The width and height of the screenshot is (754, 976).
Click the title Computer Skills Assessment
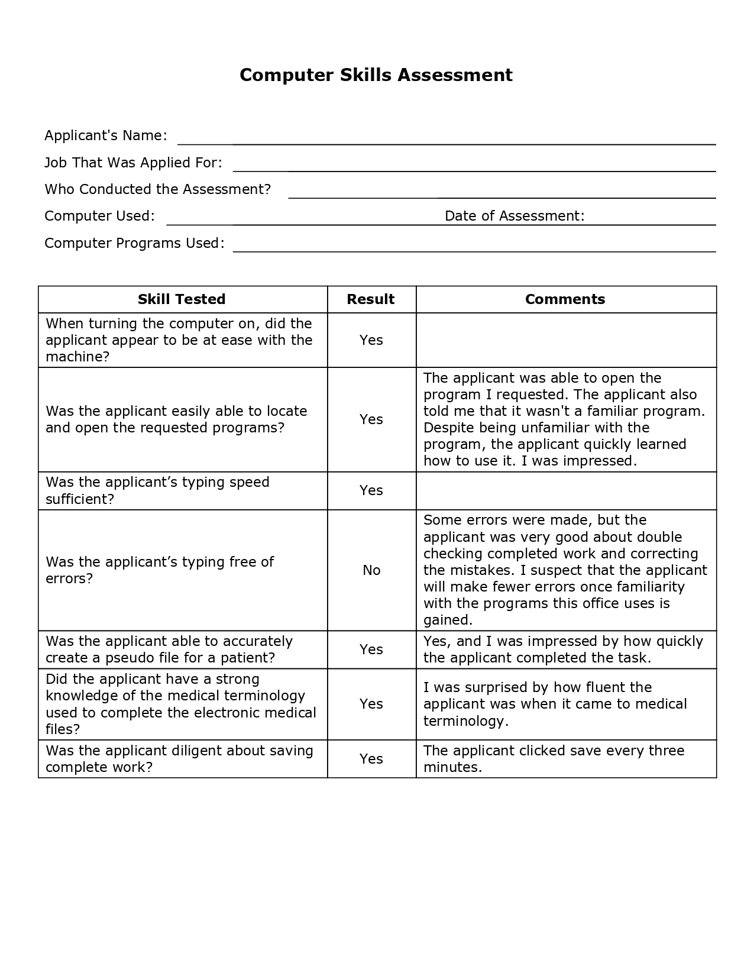coord(376,75)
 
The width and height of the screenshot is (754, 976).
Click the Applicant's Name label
coord(106,135)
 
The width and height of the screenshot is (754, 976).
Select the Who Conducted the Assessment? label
coord(157,189)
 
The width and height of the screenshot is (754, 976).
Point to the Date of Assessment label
coord(514,216)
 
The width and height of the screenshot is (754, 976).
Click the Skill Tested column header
coord(182,299)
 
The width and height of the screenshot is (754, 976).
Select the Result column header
coord(371,299)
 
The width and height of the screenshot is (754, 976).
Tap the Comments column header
coord(565,299)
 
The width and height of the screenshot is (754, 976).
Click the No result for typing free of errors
coord(371,570)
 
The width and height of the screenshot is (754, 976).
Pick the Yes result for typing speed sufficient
coord(371,490)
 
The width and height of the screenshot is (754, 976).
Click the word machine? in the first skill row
coord(77,357)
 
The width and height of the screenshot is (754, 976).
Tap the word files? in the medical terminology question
coord(63,729)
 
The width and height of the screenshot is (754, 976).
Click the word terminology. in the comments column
coord(466,721)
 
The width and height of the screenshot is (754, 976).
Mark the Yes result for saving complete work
coord(371,759)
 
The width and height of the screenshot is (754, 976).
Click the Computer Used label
coord(99,216)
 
